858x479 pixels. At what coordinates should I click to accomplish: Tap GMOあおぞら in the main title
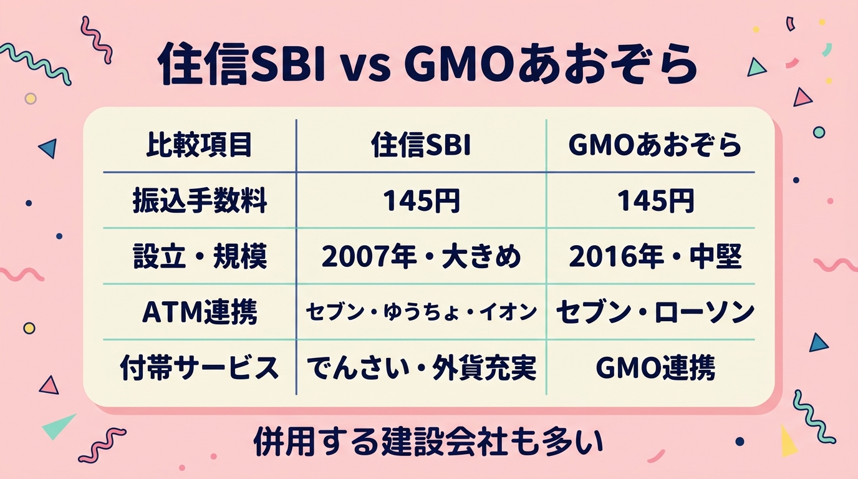click(550, 64)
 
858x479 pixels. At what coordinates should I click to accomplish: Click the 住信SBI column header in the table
click(421, 146)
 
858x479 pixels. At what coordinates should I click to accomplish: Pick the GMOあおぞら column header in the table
click(655, 146)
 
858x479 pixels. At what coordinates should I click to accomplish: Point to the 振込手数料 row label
click(200, 201)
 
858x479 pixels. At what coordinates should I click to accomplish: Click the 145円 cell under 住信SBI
click(421, 201)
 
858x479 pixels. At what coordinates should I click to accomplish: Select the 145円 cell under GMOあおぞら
click(655, 201)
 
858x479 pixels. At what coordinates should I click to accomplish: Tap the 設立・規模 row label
click(200, 256)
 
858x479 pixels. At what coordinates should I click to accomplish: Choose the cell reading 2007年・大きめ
click(421, 256)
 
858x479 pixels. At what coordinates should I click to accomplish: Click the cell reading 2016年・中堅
click(655, 256)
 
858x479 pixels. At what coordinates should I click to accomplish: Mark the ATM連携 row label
click(200, 312)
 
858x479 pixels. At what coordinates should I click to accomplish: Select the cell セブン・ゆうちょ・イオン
click(421, 312)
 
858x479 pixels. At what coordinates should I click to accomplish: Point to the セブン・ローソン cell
click(655, 312)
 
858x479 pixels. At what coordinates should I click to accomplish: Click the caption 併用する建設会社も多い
click(428, 443)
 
